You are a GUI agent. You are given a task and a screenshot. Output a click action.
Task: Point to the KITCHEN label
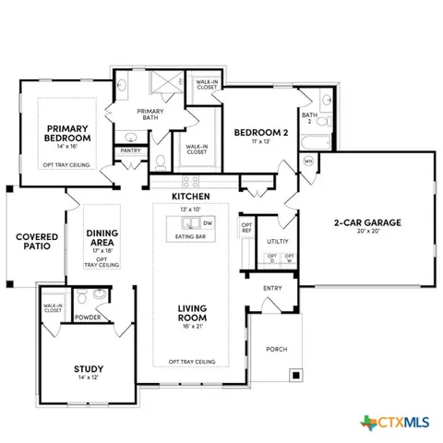(190, 197)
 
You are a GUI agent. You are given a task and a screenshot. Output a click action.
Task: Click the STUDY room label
(89, 369)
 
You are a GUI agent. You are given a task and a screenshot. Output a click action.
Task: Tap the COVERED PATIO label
(36, 243)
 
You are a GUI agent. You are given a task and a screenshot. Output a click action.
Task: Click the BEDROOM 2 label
(255, 131)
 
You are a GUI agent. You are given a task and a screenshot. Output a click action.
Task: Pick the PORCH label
(276, 350)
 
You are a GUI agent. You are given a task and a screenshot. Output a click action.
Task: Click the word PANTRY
(131, 150)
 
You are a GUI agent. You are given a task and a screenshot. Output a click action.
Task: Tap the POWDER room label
(89, 317)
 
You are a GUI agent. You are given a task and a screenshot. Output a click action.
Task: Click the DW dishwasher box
(208, 223)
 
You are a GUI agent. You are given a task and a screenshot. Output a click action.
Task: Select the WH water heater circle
(308, 161)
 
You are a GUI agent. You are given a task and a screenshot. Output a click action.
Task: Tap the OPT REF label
(246, 227)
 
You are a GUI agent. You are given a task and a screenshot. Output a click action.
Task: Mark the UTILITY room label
(278, 241)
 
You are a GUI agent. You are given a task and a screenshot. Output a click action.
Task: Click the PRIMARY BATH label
(151, 114)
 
